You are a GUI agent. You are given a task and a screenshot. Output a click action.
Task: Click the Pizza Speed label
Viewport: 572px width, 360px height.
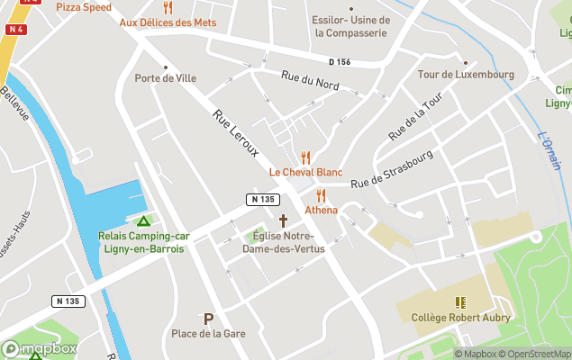(84, 7)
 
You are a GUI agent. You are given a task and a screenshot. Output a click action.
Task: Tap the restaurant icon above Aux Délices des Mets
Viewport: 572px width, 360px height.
(167, 7)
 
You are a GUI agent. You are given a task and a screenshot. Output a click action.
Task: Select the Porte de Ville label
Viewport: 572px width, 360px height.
(165, 78)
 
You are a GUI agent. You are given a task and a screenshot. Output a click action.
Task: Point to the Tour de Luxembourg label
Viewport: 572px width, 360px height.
(466, 75)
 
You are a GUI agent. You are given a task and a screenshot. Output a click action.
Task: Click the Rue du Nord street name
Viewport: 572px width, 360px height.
(310, 82)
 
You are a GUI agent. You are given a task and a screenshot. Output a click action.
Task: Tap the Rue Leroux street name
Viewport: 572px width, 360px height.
(236, 133)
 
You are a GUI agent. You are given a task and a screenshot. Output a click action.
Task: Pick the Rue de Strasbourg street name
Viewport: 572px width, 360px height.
(392, 168)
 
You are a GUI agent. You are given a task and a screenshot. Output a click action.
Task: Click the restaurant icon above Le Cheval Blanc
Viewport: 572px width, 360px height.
(305, 157)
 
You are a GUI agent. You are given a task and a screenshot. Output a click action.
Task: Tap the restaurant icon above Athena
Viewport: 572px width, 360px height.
(321, 195)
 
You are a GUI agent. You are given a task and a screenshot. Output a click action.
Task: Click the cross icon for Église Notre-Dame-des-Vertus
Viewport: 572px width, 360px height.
(283, 220)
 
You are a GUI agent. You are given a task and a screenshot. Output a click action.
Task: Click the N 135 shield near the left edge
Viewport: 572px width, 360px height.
(68, 301)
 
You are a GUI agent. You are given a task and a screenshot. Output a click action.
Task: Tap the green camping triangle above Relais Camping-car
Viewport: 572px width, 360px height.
(142, 221)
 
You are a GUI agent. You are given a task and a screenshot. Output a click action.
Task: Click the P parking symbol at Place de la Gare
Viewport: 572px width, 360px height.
(209, 319)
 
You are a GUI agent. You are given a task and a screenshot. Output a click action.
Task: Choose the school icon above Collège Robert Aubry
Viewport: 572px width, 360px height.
(460, 302)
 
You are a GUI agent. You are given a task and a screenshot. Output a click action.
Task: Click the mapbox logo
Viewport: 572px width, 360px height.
(39, 348)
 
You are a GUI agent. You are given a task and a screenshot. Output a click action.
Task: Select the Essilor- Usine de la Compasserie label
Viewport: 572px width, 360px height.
(350, 26)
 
